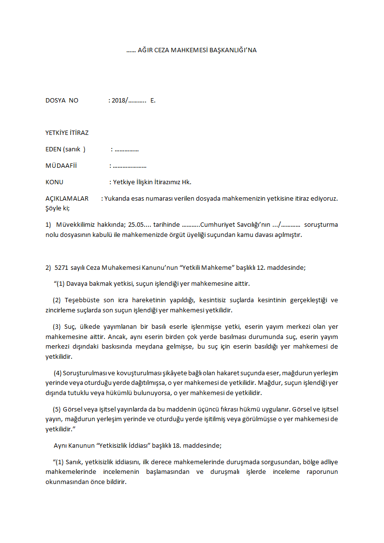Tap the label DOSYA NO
[x=61, y=101]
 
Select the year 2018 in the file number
[x=118, y=101]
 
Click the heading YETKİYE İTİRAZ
[x=67, y=132]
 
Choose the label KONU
[x=54, y=182]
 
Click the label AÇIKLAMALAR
[x=67, y=199]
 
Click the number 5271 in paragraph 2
[x=62, y=267]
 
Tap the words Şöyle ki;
[x=57, y=208]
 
